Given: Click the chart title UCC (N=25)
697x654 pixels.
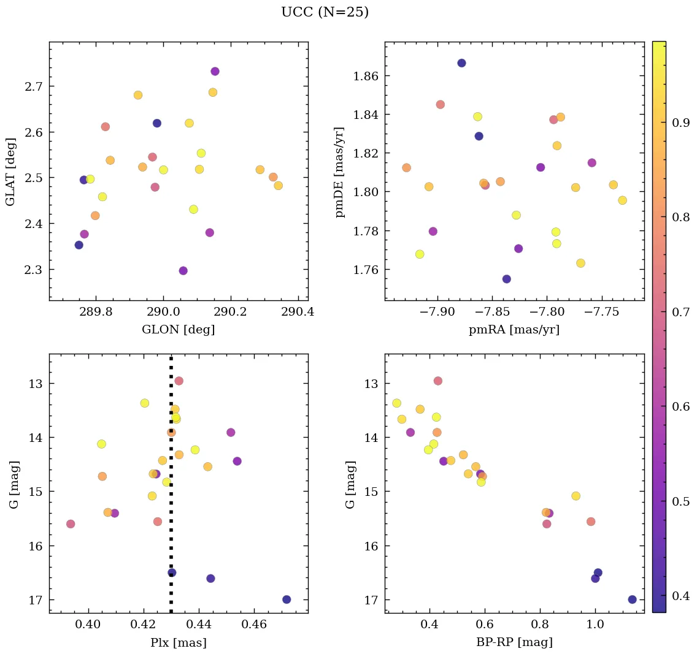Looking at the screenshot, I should pyautogui.click(x=325, y=12).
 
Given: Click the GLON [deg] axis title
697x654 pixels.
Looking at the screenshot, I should pyautogui.click(x=178, y=330).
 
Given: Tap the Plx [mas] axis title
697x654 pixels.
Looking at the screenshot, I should pyautogui.click(x=178, y=642).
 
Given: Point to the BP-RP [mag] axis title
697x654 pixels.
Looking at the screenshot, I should pyautogui.click(x=514, y=642).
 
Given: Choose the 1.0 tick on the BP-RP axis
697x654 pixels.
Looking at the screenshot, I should pyautogui.click(x=595, y=625).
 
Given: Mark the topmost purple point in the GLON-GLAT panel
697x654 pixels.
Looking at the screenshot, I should pyautogui.click(x=215, y=72).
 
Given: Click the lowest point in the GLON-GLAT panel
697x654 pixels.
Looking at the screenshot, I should pyautogui.click(x=183, y=271).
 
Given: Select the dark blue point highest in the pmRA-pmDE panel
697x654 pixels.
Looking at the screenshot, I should pyautogui.click(x=461, y=63).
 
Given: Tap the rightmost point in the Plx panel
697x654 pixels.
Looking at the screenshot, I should pyautogui.click(x=287, y=599).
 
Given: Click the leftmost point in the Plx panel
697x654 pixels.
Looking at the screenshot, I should pyautogui.click(x=71, y=524).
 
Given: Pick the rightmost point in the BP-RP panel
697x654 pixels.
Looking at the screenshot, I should pyautogui.click(x=632, y=599).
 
